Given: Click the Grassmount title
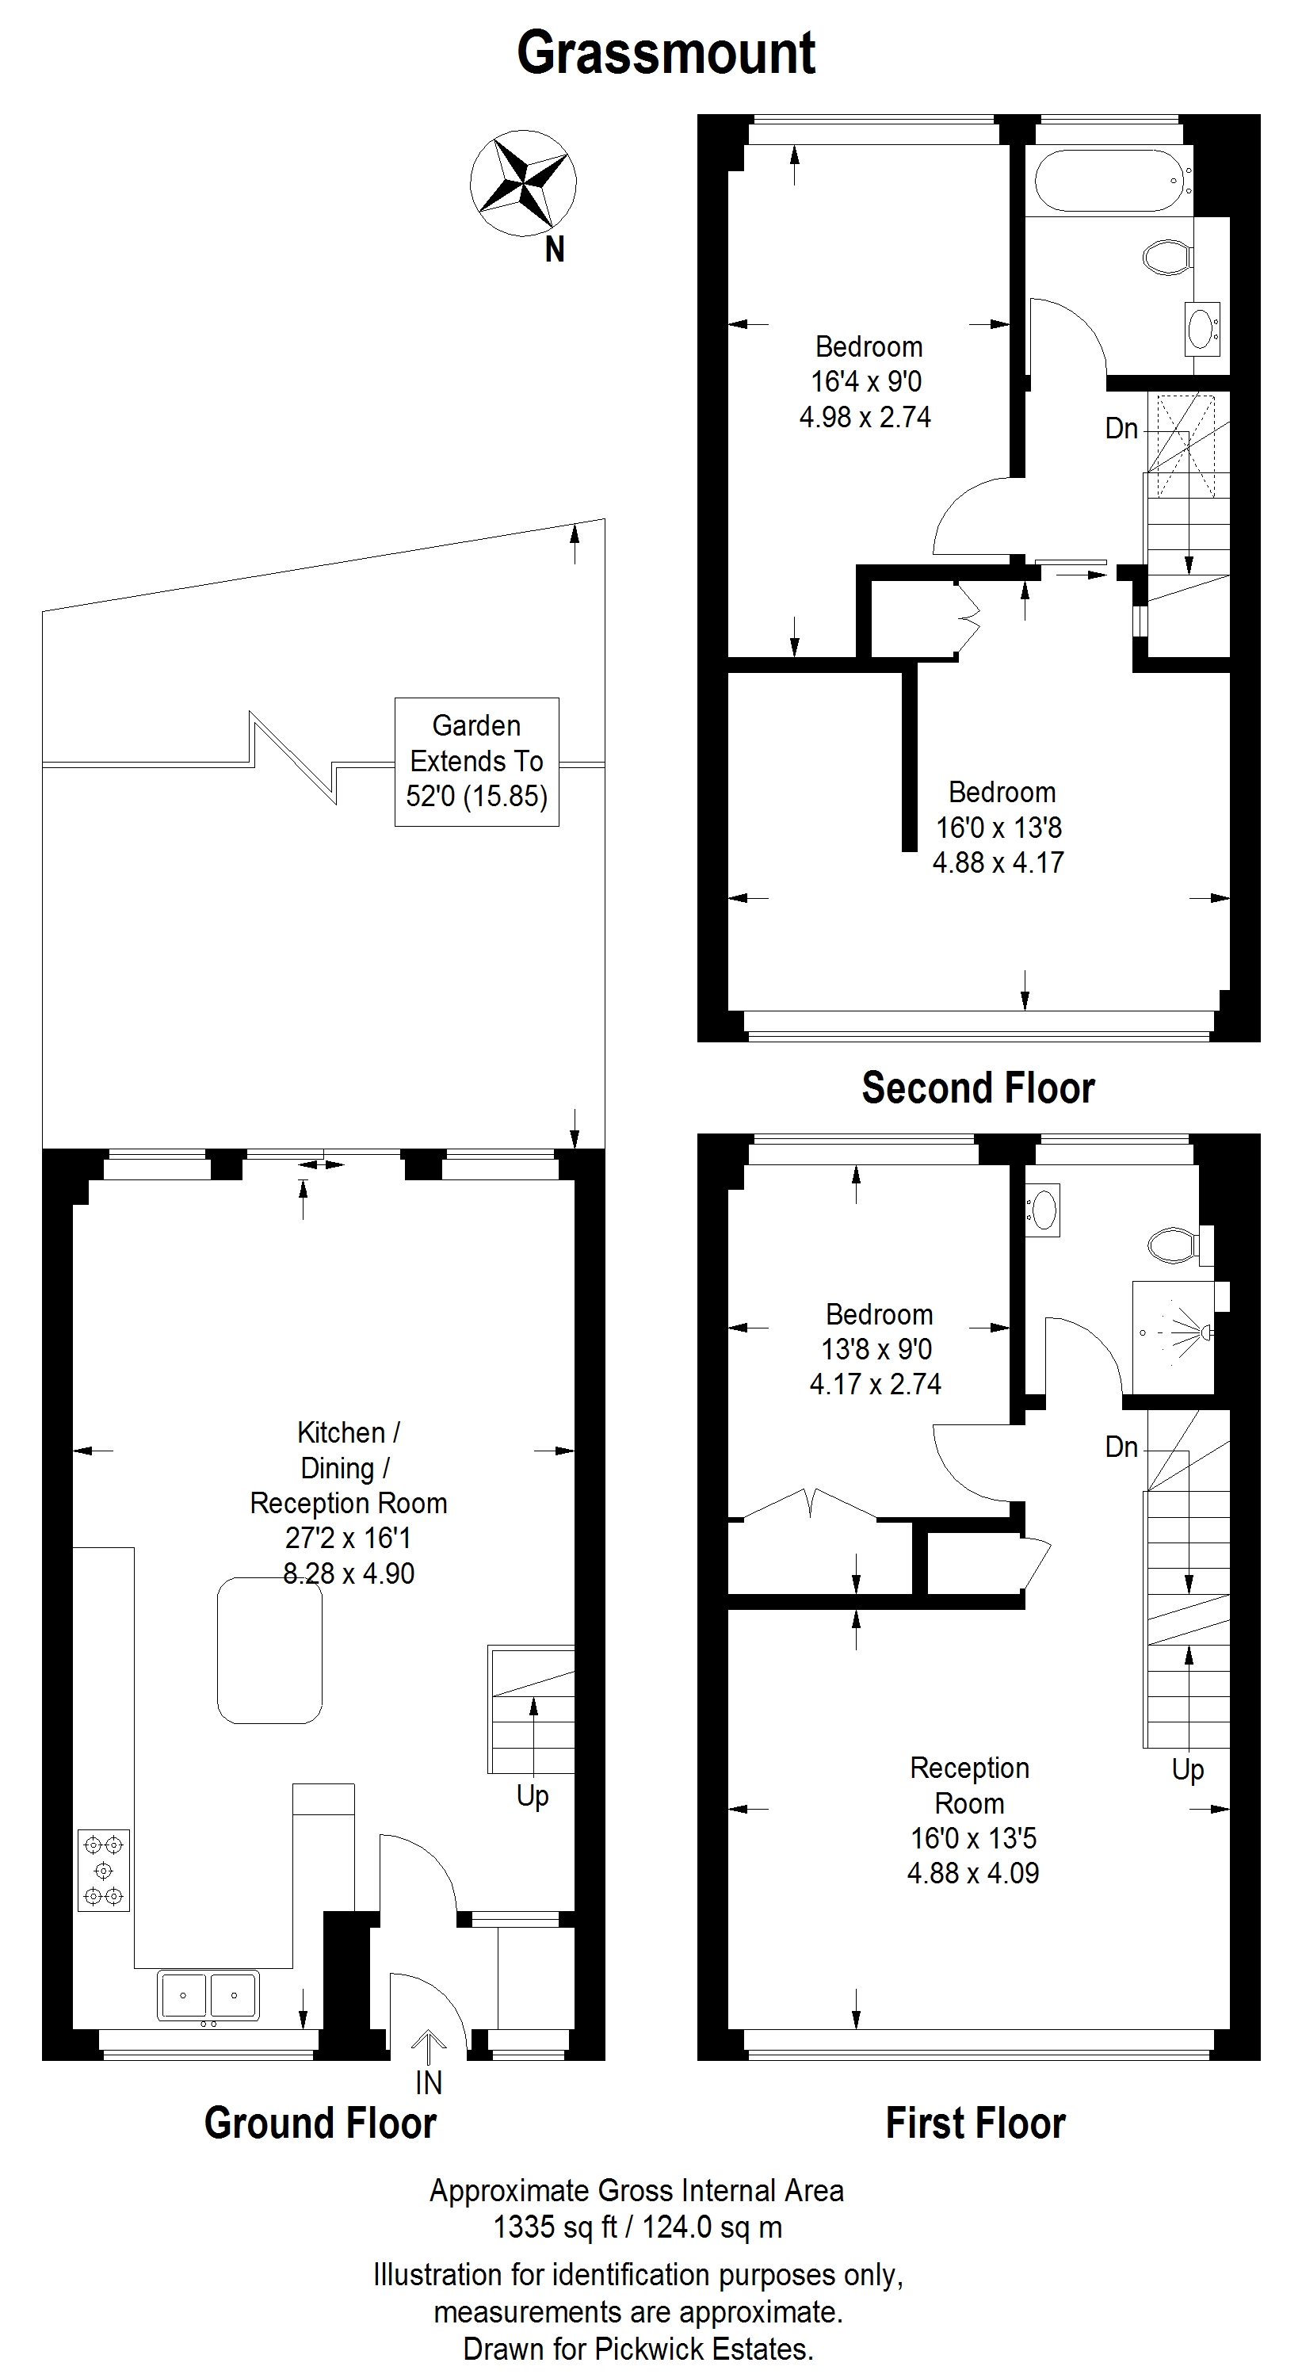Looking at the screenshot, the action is (x=666, y=53).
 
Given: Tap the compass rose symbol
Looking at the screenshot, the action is (x=523, y=183).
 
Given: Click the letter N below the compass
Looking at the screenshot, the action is (x=555, y=250).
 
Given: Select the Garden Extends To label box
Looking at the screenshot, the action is (x=476, y=761).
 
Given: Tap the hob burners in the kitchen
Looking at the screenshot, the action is (x=103, y=1870).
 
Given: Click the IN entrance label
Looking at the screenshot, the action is (x=429, y=2083).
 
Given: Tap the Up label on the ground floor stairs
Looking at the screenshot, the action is (x=533, y=1796).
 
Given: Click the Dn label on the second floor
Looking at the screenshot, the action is (x=1121, y=429).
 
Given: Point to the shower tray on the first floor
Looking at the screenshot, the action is (x=1173, y=1336).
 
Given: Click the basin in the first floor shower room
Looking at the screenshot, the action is (x=1043, y=1210).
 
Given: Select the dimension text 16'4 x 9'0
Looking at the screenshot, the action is (x=866, y=381).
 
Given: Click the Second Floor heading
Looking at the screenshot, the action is (x=979, y=1088).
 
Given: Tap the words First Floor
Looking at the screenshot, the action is (x=976, y=2124).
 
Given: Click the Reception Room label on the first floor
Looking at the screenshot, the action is (x=969, y=1785).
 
